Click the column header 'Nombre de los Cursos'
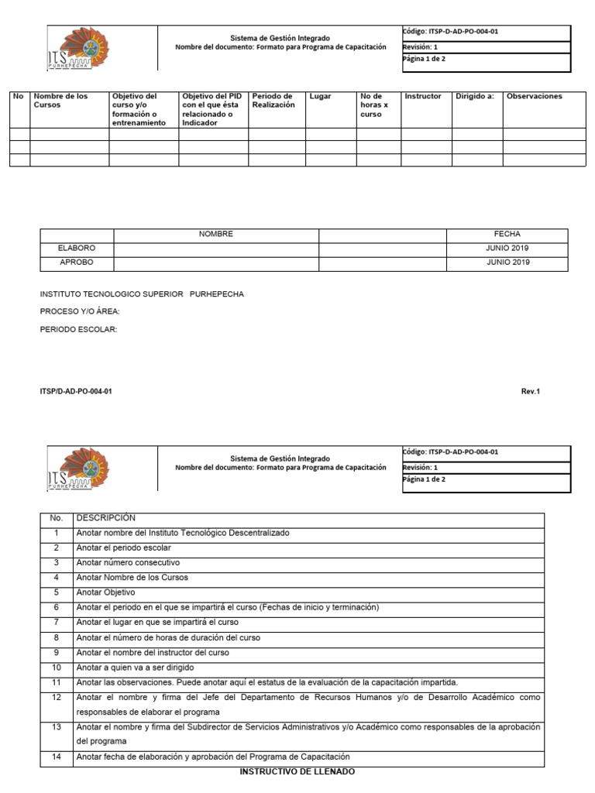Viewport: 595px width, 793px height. pos(60,101)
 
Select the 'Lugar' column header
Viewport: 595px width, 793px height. pos(320,97)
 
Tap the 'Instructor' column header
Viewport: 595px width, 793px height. pos(423,97)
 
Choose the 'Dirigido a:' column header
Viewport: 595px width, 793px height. pos(475,97)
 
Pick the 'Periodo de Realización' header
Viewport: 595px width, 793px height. pos(273,101)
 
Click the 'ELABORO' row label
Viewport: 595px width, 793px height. pos(77,249)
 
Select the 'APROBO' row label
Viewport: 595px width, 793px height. pos(77,263)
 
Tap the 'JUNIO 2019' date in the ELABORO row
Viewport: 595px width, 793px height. pos(507,249)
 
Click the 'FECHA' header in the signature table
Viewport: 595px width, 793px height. pos(507,234)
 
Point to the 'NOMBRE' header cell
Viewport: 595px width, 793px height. pos(215,234)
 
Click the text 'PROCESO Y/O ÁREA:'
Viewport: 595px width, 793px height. pos(80,312)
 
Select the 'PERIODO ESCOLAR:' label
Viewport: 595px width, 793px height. pos(78,330)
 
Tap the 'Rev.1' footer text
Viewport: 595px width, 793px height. pos(530,392)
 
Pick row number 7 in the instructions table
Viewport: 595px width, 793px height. pos(56,623)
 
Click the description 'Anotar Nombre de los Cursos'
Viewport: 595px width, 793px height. pos(132,578)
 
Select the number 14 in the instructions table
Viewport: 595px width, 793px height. pos(56,757)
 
